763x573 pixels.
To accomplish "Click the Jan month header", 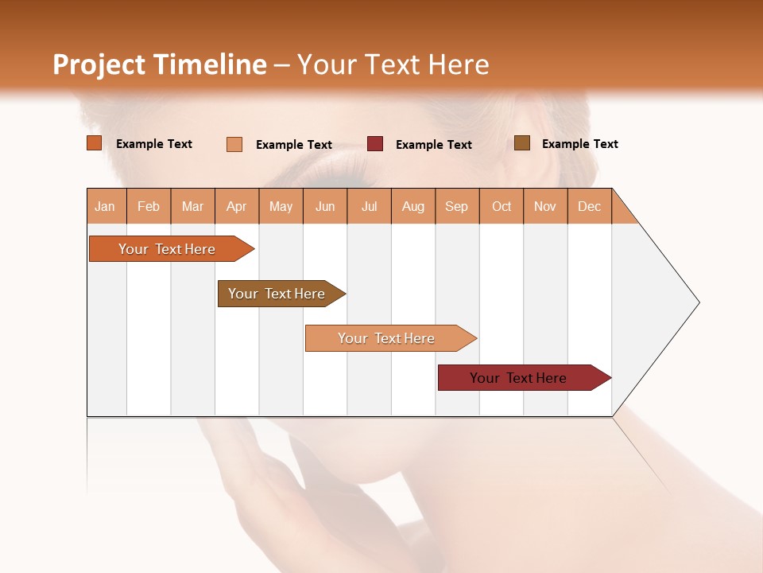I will coord(106,206).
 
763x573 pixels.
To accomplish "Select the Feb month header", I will coord(149,206).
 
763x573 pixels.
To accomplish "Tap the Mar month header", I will coord(192,206).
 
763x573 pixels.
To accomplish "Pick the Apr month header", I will coord(237,206).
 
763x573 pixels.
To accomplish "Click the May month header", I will coord(281,206).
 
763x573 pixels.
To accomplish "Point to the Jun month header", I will coord(325,206).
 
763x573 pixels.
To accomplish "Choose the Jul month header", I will coord(369,206).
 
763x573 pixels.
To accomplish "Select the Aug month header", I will coord(413,206).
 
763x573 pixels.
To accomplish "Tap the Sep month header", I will coord(457,206).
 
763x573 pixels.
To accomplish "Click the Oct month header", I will coord(502,206).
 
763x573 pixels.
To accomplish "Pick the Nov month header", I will coord(545,206).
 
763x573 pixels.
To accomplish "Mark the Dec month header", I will coord(590,206).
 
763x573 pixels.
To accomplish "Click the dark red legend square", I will coord(375,144).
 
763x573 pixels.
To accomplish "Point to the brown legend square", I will coord(522,143).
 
